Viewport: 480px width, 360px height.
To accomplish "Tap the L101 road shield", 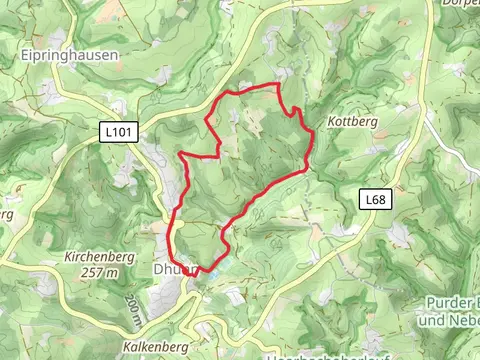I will tap(116, 130).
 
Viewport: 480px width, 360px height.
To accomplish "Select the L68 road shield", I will tap(374, 200).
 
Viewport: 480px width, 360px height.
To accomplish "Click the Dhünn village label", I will tap(170, 270).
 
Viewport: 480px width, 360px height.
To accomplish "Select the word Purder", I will tap(447, 303).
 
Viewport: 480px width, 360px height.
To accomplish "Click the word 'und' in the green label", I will tap(430, 320).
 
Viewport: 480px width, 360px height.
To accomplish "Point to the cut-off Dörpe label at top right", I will tap(461, 4).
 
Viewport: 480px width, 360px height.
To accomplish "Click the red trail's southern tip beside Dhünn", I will tap(197, 271).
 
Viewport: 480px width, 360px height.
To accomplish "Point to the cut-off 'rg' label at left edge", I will tap(5, 214).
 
